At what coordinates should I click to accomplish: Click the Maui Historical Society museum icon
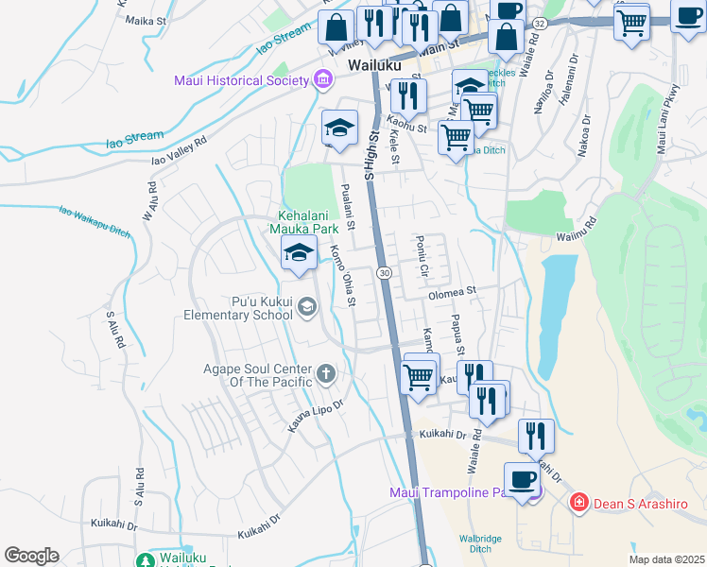[x=323, y=79]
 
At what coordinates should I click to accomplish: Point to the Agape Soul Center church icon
[x=326, y=373]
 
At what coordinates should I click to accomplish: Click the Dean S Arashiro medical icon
[x=578, y=502]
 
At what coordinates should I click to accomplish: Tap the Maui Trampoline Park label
[x=455, y=492]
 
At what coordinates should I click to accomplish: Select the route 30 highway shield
[x=384, y=273]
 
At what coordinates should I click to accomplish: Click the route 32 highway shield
[x=539, y=22]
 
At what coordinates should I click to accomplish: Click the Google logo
[x=31, y=556]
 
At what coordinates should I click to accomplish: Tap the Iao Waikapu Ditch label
[x=94, y=221]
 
